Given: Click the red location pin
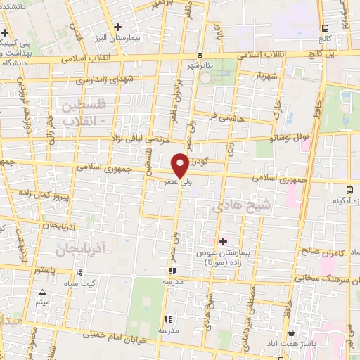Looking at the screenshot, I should (180, 165).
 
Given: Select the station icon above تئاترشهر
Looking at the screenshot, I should (200, 53).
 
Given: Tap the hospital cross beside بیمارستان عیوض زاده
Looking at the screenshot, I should (224, 241).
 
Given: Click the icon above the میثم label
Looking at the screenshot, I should (42, 292).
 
